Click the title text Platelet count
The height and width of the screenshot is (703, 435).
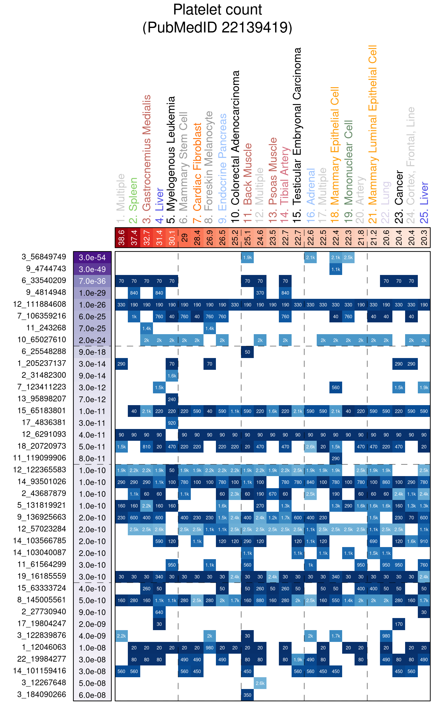217,10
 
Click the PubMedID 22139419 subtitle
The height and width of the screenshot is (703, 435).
217,27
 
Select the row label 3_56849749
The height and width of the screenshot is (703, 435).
44,257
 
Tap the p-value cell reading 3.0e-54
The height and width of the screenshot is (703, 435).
92,257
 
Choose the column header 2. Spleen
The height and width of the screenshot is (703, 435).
134,200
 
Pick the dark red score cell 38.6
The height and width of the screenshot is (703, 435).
121,238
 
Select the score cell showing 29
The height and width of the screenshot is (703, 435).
184,238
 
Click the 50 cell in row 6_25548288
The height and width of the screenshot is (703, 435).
247,352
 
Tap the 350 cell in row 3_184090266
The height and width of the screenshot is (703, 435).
247,695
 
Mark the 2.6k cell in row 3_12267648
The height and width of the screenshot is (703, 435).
260,683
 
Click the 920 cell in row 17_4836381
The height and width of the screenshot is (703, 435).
172,423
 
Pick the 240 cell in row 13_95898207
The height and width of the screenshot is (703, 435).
172,399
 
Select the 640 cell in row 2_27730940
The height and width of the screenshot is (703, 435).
159,612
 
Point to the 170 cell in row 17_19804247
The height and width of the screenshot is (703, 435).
399,624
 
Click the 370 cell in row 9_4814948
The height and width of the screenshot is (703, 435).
260,293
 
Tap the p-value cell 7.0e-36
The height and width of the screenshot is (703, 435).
92,281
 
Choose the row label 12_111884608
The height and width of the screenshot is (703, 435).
39,304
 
